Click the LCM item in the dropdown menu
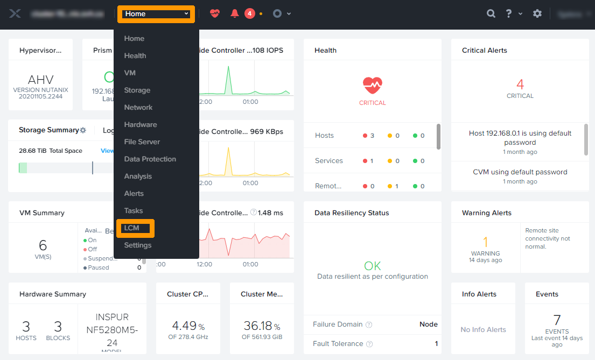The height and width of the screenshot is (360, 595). pos(132,228)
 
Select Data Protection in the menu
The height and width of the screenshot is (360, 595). pos(150,159)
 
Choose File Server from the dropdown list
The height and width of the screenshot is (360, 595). pos(142,142)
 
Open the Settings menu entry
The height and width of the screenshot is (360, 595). pos(137,245)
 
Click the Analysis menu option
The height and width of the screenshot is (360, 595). pos(138,177)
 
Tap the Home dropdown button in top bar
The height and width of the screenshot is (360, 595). pos(156,14)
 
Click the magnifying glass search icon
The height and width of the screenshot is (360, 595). pos(491,14)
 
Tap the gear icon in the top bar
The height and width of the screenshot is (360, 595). pos(537,14)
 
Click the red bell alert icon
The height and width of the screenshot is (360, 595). pos(235,14)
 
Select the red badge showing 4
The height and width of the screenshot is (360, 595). pos(250,14)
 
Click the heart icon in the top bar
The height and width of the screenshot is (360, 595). pos(215,14)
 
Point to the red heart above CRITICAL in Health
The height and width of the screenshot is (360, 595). pos(372,85)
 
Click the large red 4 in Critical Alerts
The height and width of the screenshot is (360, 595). pos(520,84)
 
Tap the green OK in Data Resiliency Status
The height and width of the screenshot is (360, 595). pos(372,266)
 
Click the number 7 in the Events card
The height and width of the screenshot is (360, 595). pos(557,320)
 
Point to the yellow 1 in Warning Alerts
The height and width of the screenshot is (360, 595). pos(485,242)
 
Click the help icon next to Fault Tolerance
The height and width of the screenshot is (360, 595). pos(369,344)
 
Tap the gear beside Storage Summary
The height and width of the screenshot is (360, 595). pos(83,130)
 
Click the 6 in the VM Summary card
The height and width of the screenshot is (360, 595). pos(43,245)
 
